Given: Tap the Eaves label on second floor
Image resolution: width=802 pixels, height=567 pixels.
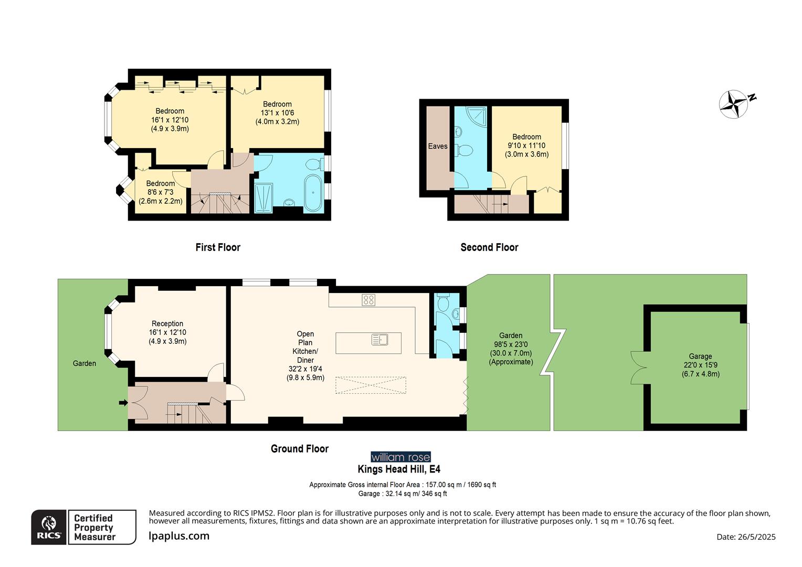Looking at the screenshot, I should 437,146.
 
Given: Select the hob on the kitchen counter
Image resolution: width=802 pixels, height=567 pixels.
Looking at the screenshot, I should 368,300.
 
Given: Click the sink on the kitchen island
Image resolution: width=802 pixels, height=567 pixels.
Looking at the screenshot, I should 379,340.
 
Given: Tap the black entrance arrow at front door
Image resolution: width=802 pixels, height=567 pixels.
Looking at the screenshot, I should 123,403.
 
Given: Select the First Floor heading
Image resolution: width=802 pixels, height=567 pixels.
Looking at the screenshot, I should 218,247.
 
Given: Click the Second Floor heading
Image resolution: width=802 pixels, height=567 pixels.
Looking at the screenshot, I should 489,247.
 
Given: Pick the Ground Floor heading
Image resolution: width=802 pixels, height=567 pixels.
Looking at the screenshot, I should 300,449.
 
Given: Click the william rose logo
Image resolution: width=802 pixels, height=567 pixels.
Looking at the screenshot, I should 400,457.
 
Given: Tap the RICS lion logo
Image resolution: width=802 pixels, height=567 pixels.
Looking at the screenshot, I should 49,527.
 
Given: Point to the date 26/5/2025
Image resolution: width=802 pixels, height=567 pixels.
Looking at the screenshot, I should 746,537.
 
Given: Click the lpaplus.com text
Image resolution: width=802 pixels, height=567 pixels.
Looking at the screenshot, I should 179,536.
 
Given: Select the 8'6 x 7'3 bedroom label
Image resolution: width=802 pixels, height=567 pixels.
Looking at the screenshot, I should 161,192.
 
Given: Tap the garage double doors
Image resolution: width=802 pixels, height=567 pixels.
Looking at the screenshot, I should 639,367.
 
